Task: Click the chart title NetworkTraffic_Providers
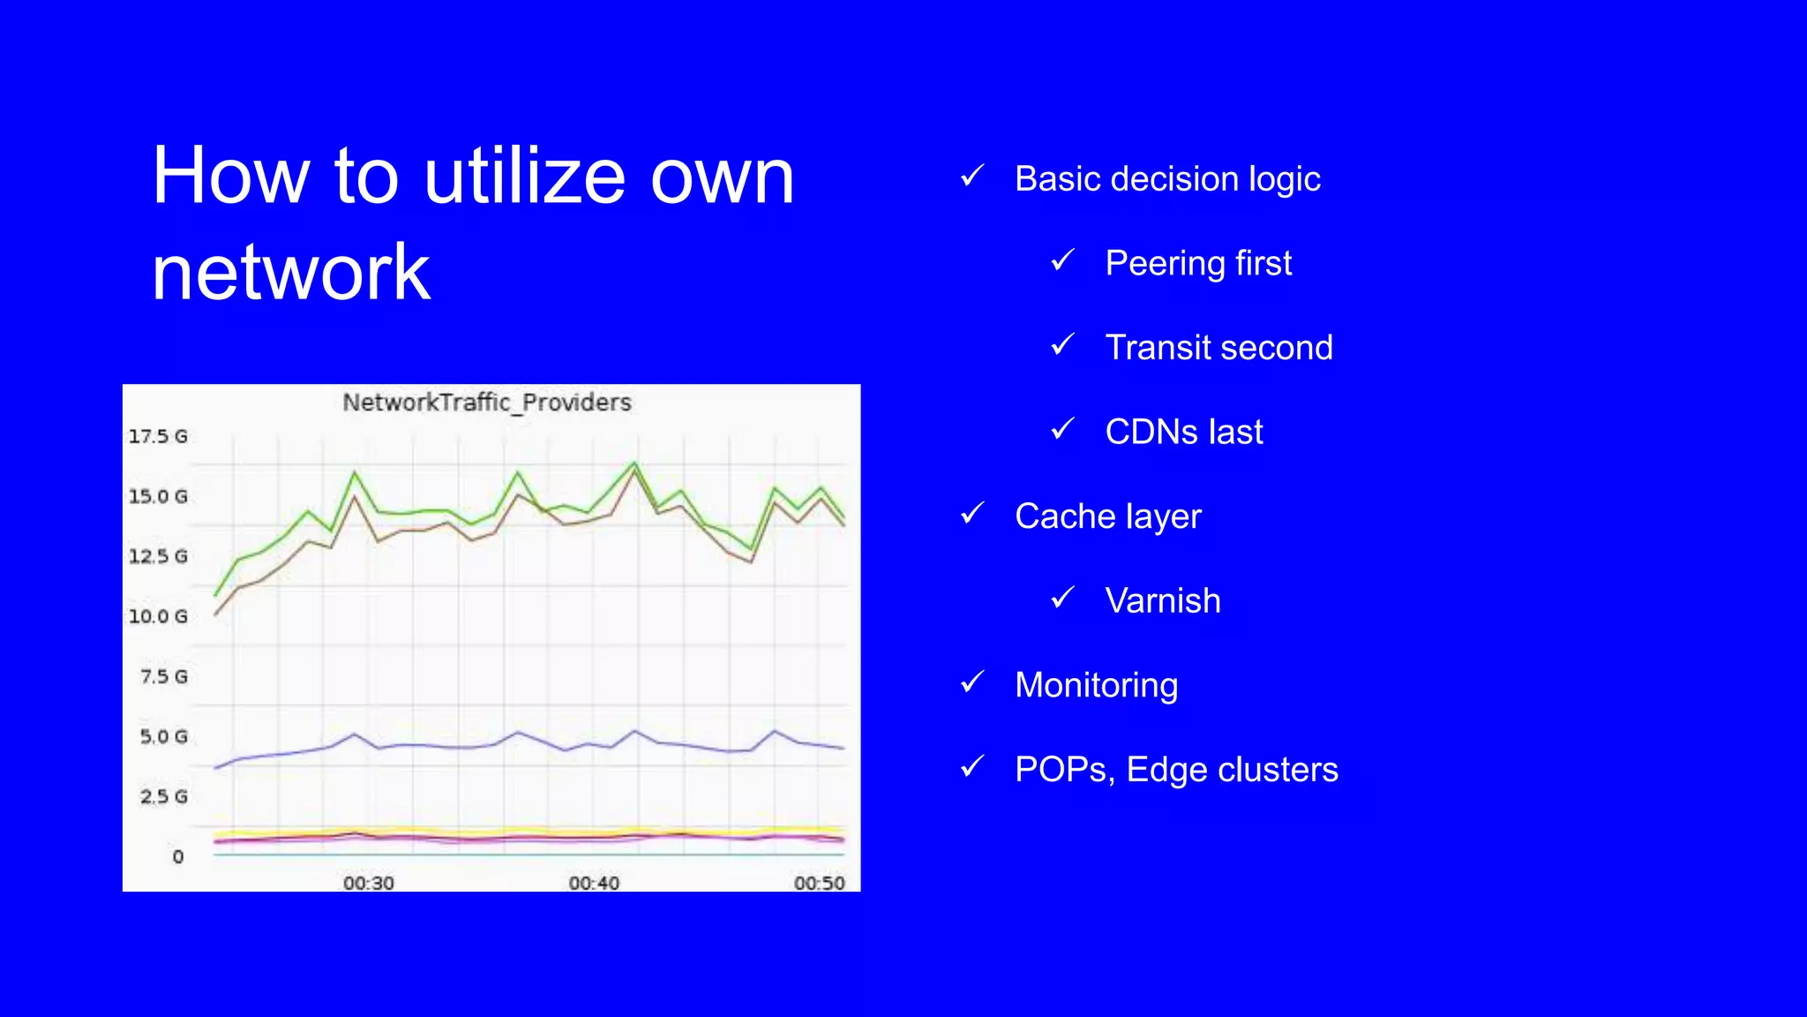[x=487, y=403]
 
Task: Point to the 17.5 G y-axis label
[x=158, y=436]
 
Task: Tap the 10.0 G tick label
[x=158, y=616]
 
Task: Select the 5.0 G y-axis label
[x=163, y=736]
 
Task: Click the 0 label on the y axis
[x=178, y=856]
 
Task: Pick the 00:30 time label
[x=369, y=883]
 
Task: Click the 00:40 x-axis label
[x=594, y=883]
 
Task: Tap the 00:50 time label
[x=819, y=883]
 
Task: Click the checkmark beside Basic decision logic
[x=972, y=177]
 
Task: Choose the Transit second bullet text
[x=1218, y=348]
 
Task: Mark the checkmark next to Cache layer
[x=972, y=513]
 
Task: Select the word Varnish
[x=1163, y=601]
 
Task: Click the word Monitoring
[x=1096, y=686]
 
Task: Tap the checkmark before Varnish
[x=1063, y=598]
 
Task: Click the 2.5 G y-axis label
[x=163, y=796]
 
